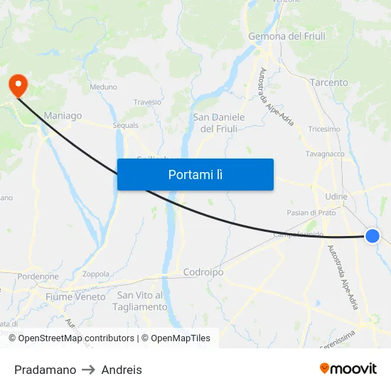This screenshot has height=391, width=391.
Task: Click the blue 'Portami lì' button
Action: [x=195, y=174]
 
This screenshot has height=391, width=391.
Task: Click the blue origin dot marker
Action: [x=372, y=236]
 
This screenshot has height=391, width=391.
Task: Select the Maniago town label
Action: [x=63, y=115]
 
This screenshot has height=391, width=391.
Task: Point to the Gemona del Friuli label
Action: [x=286, y=36]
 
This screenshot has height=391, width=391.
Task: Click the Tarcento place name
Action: [x=329, y=82]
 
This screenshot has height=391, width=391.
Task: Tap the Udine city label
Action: [x=336, y=196]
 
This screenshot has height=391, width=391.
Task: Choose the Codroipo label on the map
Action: [x=203, y=272]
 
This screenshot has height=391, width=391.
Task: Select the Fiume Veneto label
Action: [x=75, y=296]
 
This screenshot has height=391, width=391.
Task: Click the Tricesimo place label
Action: [x=324, y=129]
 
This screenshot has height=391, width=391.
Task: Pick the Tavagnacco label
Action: [x=325, y=154]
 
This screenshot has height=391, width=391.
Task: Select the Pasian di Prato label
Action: [x=311, y=213]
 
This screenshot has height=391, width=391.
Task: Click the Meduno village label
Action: [x=103, y=87]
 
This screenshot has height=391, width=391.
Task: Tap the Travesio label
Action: [x=147, y=102]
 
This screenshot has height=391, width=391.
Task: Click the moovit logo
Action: [x=348, y=368]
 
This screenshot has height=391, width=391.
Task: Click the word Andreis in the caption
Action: [x=122, y=370]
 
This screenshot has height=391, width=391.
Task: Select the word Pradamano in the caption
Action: [x=45, y=370]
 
